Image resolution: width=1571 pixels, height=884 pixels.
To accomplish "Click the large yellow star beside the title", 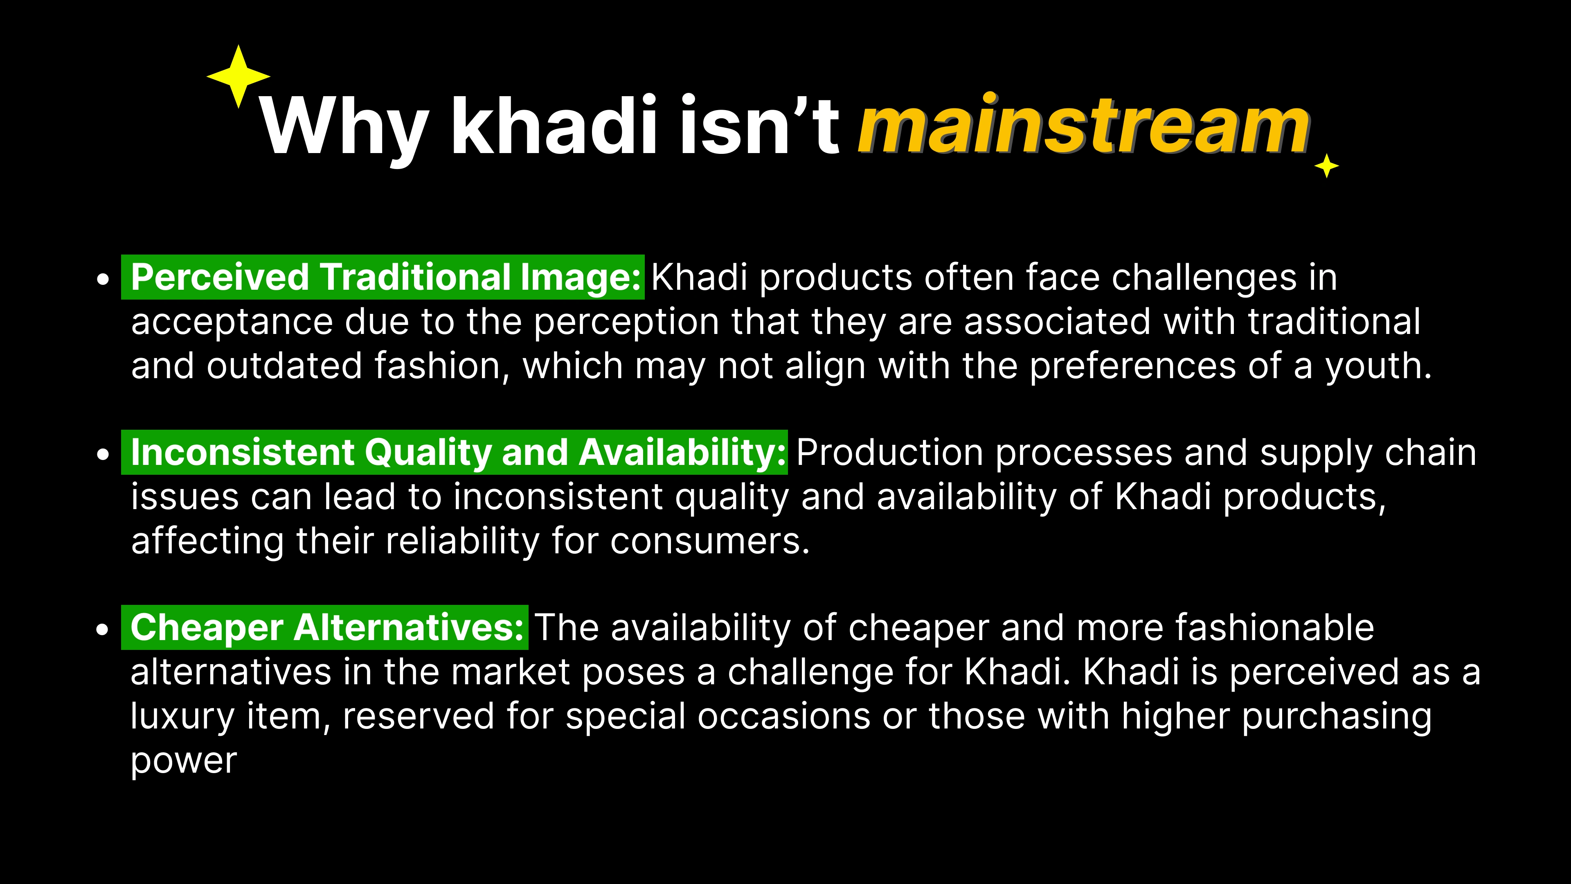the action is point(239,76).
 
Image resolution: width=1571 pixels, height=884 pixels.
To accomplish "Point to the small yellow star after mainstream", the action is point(1326,166).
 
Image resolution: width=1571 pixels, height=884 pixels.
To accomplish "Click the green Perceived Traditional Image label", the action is point(383,277).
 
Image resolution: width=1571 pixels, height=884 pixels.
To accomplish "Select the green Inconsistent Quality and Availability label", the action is point(455,452).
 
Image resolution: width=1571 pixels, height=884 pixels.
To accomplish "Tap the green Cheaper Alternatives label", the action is point(324,627).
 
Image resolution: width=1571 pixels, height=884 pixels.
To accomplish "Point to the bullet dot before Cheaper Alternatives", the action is point(104,629).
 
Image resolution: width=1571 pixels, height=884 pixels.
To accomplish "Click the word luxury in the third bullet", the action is point(182,717).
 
